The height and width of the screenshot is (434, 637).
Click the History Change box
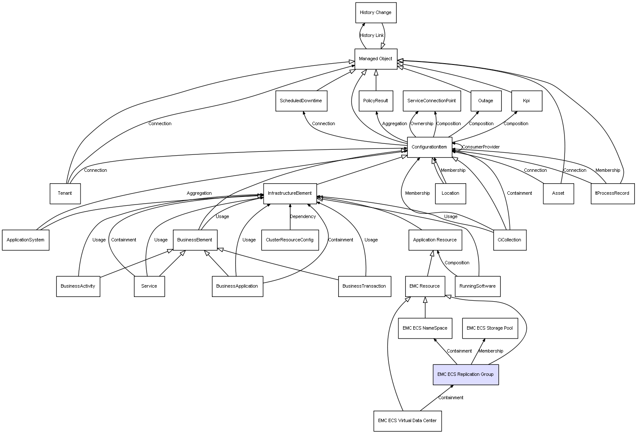[376, 13]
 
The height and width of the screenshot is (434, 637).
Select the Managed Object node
[376, 59]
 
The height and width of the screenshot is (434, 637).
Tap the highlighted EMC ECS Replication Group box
[465, 375]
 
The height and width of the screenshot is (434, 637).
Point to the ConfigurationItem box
[429, 147]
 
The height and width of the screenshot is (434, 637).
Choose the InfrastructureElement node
[290, 193]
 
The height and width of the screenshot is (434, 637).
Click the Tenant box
[65, 193]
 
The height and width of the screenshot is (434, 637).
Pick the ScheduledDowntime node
[301, 101]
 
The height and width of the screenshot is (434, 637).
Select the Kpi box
[526, 101]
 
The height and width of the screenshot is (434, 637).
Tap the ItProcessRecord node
[612, 193]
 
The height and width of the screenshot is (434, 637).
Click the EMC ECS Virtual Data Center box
[407, 421]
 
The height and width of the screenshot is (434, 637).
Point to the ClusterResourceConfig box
[290, 240]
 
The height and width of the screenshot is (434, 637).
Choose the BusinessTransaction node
[364, 286]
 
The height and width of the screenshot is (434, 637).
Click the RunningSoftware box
[478, 286]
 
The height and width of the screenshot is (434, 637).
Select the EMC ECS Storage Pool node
[490, 328]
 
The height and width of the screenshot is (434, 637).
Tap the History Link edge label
[372, 36]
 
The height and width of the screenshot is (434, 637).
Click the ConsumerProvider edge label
[481, 147]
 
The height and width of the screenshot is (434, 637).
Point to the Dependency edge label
[303, 217]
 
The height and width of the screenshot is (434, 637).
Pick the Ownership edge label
[422, 124]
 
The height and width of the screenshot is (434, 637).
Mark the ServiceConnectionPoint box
[431, 101]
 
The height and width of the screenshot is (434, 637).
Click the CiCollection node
[510, 240]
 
